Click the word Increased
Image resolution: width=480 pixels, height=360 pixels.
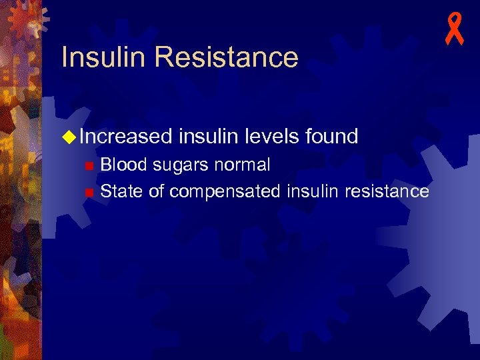point(126,137)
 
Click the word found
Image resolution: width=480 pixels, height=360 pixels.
point(332,137)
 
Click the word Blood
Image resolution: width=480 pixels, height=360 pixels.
point(124,165)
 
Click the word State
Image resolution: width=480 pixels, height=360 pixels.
point(121,192)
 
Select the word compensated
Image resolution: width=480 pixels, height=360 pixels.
point(225,193)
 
